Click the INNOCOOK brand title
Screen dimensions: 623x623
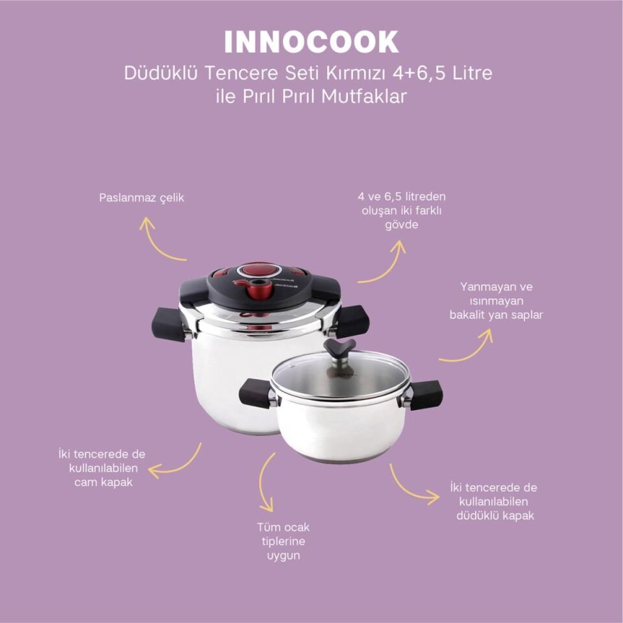[x=311, y=42]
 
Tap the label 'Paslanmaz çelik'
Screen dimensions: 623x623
[x=141, y=198]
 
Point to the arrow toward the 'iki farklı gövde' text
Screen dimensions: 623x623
[x=384, y=263]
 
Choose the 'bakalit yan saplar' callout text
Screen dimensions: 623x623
[x=496, y=300]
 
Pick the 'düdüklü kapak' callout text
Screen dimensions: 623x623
[x=493, y=502]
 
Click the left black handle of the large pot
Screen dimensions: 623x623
[x=167, y=324]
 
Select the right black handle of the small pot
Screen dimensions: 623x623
[x=426, y=395]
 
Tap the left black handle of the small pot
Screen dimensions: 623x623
[x=255, y=393]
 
